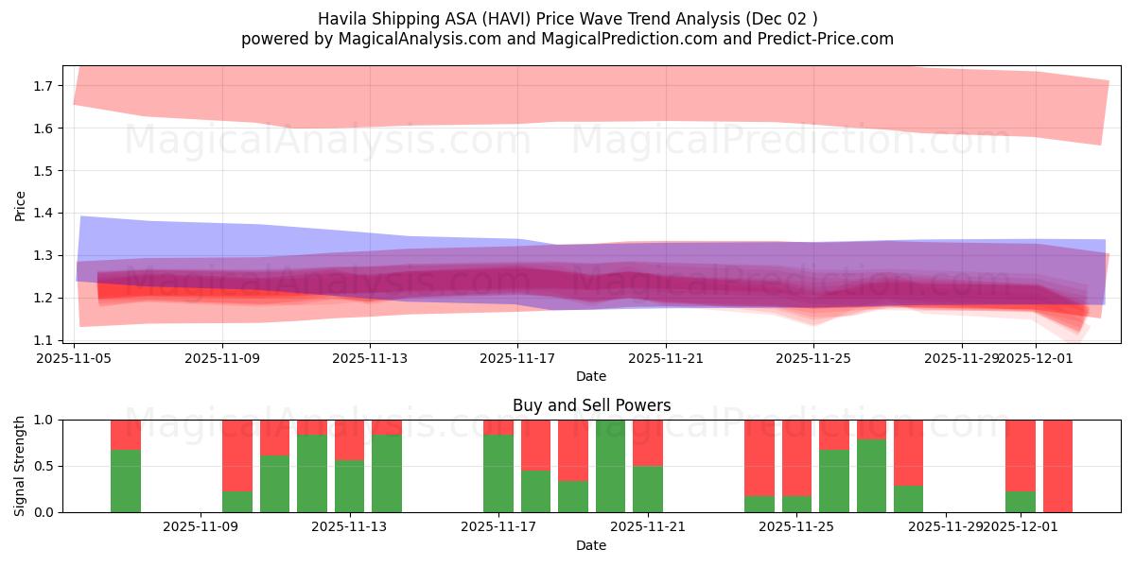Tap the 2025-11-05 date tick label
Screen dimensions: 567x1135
pyautogui.click(x=75, y=358)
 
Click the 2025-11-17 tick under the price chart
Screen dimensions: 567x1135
pyautogui.click(x=517, y=358)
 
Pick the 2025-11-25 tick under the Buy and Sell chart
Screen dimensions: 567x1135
pyautogui.click(x=796, y=527)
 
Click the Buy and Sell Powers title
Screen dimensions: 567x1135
pyautogui.click(x=591, y=405)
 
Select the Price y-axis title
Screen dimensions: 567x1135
pyautogui.click(x=21, y=205)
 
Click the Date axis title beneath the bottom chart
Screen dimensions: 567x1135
pyautogui.click(x=591, y=545)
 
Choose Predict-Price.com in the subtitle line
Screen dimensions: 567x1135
pyautogui.click(x=829, y=39)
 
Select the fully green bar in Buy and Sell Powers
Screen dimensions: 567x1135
pyautogui.click(x=610, y=466)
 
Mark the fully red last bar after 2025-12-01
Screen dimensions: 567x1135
pyautogui.click(x=1057, y=466)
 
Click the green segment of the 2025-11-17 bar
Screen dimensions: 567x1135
pyautogui.click(x=498, y=473)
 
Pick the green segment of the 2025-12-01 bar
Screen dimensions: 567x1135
pyautogui.click(x=1020, y=502)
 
